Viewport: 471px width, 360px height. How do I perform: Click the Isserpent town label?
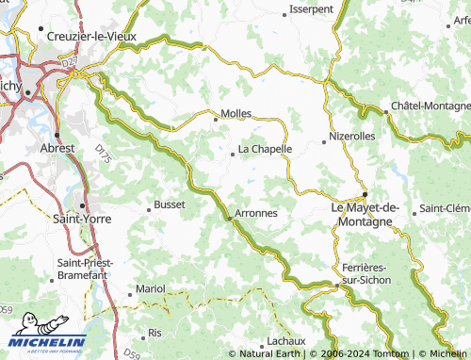[x=313, y=8]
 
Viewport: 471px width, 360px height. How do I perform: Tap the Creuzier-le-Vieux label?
[x=86, y=36]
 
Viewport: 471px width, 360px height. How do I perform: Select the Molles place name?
[x=235, y=113]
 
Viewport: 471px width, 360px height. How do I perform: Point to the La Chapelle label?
[x=265, y=149]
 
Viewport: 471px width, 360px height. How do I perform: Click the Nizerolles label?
[x=354, y=136]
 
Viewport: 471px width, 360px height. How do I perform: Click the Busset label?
[x=170, y=204]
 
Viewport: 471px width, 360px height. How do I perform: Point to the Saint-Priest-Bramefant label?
[x=86, y=268]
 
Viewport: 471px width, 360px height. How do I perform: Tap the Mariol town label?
[x=151, y=287]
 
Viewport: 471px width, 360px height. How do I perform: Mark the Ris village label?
[x=155, y=334]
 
